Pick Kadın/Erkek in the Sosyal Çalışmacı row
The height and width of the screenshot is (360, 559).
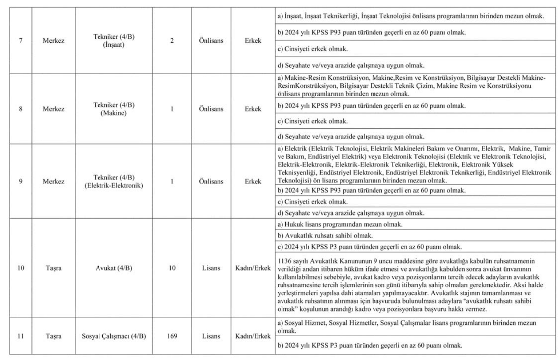click(252, 337)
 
